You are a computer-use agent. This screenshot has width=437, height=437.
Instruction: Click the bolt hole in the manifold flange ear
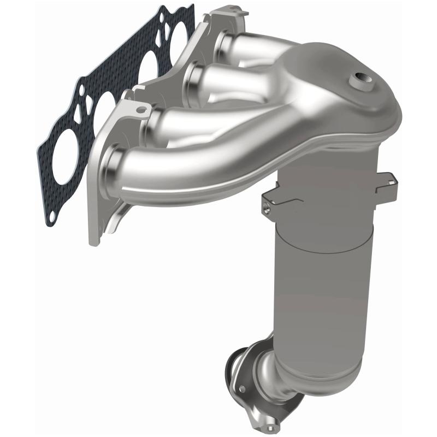(x=142, y=109)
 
